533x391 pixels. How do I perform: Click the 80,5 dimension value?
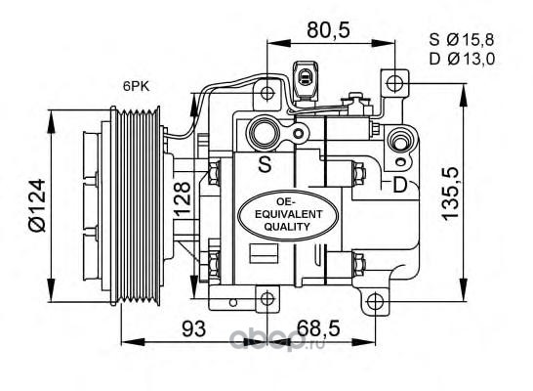328,30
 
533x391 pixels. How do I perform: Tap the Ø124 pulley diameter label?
37,205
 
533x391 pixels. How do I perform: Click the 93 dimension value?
193,328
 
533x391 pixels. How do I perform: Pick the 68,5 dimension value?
318,328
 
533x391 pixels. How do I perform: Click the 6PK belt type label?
136,86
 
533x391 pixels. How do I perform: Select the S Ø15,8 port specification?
462,40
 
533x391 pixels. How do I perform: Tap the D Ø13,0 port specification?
462,60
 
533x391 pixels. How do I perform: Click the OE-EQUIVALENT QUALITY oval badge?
288,215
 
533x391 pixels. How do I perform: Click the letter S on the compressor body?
265,163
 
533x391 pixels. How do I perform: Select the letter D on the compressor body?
400,185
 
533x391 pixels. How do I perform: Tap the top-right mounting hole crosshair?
394,83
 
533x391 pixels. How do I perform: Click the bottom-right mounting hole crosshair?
375,300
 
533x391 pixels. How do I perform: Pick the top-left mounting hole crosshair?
267,92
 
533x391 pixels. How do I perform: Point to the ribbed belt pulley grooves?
139,205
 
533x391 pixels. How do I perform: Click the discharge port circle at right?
401,140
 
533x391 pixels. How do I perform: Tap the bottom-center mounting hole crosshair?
267,299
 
